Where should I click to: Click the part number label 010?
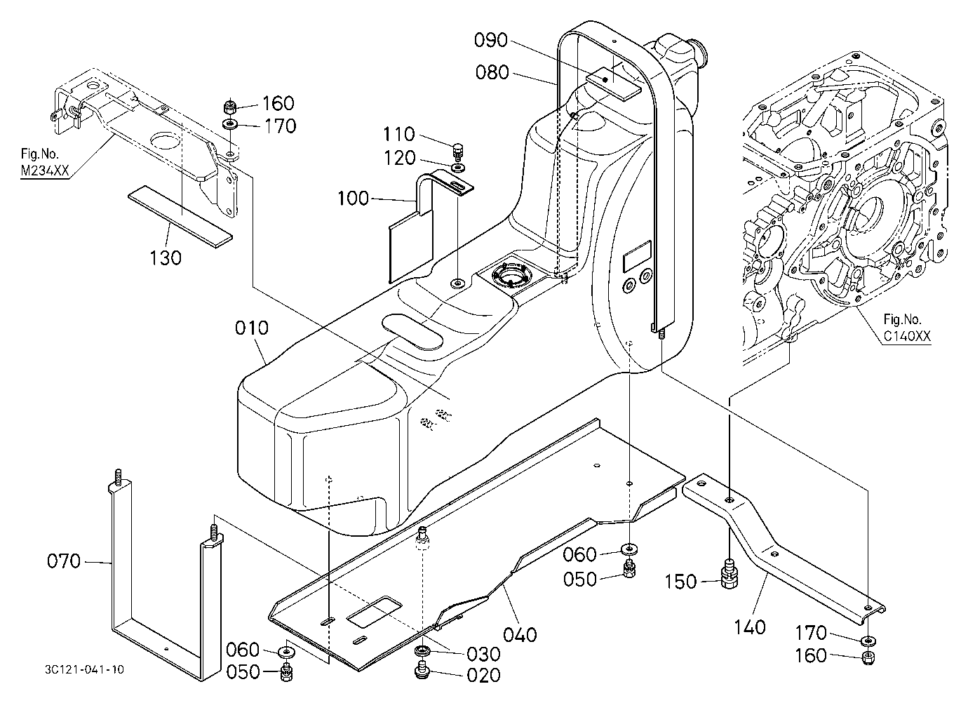[x=252, y=328]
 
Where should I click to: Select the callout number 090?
[x=491, y=40]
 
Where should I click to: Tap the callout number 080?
[x=492, y=72]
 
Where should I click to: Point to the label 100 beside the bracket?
[x=353, y=199]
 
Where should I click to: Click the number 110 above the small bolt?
[x=399, y=134]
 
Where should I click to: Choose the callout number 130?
[x=166, y=258]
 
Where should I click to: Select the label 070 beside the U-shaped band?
[x=64, y=561]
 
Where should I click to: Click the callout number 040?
[x=520, y=635]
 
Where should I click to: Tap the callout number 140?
[x=750, y=627]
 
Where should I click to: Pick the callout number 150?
[x=680, y=582]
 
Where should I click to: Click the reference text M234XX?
[x=45, y=170]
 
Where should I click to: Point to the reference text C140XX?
[x=907, y=336]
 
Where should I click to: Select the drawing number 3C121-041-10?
[x=84, y=670]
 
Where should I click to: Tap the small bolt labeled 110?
[x=457, y=152]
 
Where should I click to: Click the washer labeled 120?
[x=457, y=167]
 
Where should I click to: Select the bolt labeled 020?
[x=422, y=671]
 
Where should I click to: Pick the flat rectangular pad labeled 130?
[x=180, y=217]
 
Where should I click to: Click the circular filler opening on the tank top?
[x=510, y=275]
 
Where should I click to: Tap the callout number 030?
[x=483, y=654]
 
